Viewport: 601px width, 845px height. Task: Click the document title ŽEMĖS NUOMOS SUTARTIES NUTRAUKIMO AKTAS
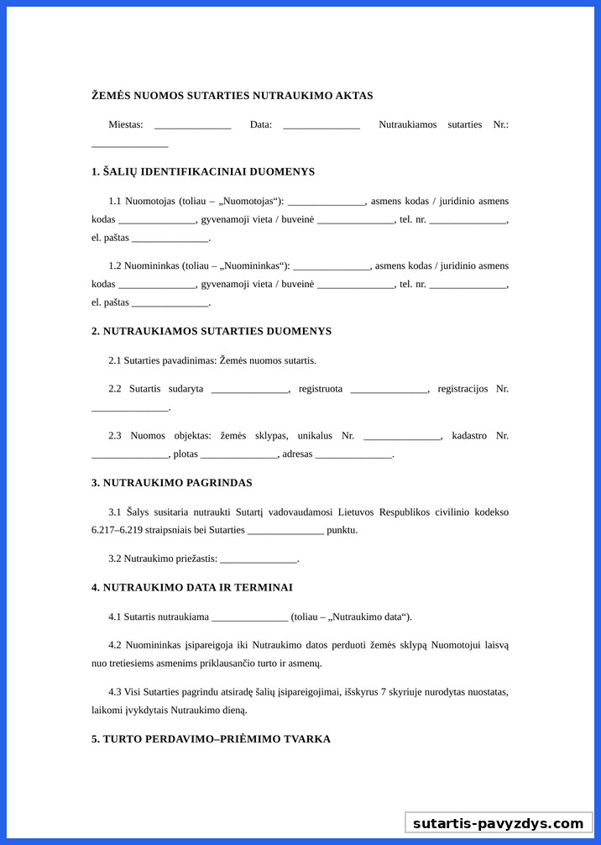coord(232,96)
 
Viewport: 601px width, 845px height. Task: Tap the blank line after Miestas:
coord(192,125)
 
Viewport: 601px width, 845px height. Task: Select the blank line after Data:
coord(321,125)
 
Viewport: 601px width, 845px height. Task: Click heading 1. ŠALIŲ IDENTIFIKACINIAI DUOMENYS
coord(203,172)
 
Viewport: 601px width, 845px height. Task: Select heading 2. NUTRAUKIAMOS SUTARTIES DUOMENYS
coord(212,332)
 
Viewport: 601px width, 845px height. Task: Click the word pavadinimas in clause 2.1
coord(189,360)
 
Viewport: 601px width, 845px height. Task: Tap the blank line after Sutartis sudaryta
coord(249,390)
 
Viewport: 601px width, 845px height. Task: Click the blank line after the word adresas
coord(353,455)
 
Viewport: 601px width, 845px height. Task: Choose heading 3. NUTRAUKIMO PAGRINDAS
coord(172,484)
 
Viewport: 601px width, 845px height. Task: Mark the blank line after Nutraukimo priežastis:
coord(258,559)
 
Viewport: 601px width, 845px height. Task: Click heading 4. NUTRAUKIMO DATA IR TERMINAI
coord(192,588)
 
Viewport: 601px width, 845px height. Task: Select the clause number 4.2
coord(115,645)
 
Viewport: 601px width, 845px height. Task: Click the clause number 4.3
coord(115,692)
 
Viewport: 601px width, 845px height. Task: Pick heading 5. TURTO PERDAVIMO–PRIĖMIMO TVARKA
coord(211,739)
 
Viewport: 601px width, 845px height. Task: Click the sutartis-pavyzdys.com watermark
coord(498,823)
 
